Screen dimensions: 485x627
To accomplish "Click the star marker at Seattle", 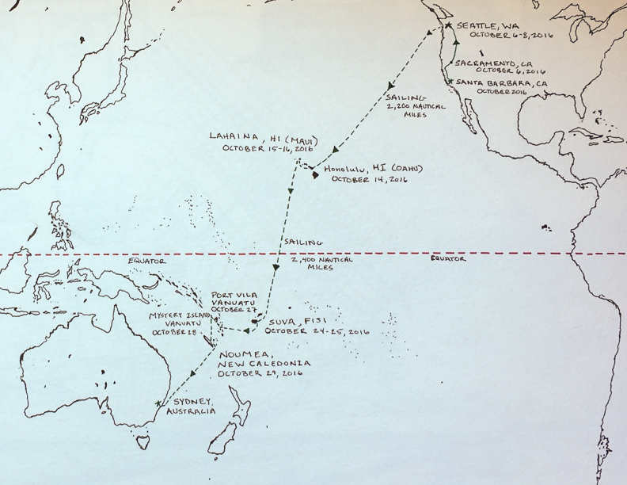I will (x=448, y=25).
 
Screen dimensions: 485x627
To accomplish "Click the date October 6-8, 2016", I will (x=511, y=35).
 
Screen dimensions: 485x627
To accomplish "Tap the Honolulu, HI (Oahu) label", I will (x=364, y=168).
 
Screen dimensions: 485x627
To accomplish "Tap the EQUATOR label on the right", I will (x=443, y=258).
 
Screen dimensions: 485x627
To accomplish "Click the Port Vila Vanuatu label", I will (x=235, y=303).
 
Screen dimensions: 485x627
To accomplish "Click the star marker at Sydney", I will (x=159, y=403).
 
